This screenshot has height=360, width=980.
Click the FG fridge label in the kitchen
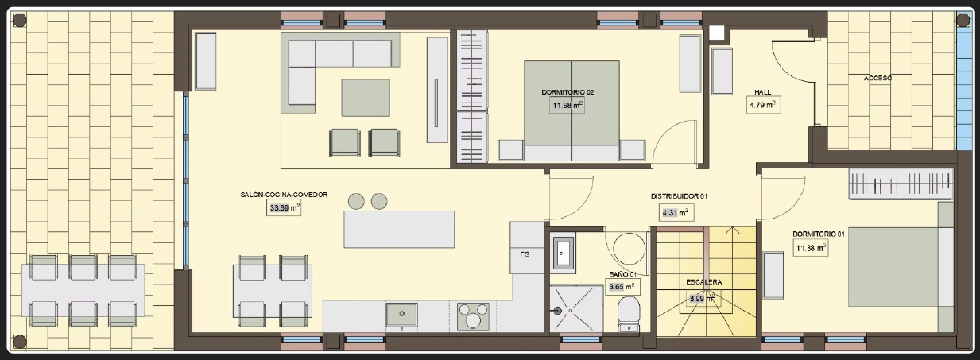[525, 254]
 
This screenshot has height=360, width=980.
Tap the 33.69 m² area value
[285, 207]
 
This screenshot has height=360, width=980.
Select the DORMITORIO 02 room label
[567, 92]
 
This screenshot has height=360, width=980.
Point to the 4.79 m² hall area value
[762, 105]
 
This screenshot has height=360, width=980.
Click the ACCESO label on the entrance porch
[877, 79]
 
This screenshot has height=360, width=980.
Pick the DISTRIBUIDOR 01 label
[679, 196]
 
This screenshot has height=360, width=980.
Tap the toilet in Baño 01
[629, 315]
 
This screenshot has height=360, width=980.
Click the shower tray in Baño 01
[576, 309]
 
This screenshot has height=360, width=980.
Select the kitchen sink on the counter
[401, 315]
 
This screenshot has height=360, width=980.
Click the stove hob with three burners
[473, 316]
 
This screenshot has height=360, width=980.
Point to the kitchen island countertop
[399, 229]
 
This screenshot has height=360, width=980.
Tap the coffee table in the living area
[366, 98]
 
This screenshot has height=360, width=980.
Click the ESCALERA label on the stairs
[703, 282]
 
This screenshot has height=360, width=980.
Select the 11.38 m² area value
[811, 248]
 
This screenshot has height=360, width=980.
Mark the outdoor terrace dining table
[83, 290]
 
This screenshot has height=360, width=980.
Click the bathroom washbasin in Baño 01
[563, 254]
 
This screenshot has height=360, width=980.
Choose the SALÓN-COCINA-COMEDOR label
[284, 195]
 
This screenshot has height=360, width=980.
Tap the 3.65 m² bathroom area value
[622, 288]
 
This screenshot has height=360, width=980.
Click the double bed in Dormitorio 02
[571, 110]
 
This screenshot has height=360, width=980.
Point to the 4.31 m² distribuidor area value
[676, 213]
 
